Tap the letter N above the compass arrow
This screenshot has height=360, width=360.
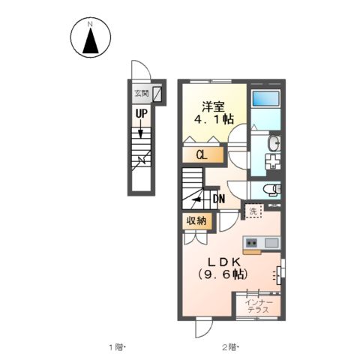click(90, 24)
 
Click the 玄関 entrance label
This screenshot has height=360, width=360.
click(142, 94)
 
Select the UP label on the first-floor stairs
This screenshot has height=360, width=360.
click(141, 114)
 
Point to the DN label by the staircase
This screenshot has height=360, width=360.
click(219, 199)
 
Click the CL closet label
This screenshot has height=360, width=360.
click(202, 155)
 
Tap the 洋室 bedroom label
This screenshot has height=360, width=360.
click(214, 107)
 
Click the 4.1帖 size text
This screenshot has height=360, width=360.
click(214, 119)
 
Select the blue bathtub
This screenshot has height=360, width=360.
click(265, 98)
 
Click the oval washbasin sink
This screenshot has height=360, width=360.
click(274, 143)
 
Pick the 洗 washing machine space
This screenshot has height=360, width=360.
click(253, 211)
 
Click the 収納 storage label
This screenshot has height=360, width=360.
click(197, 220)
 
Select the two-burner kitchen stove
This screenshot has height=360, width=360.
click(251, 242)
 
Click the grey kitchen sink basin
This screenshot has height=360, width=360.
click(271, 243)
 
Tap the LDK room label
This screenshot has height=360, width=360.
click(224, 262)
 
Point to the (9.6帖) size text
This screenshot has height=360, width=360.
click(223, 274)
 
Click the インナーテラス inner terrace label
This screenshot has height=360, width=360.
click(259, 306)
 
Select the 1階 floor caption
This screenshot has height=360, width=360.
click(116, 347)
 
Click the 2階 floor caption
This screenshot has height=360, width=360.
click(229, 347)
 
